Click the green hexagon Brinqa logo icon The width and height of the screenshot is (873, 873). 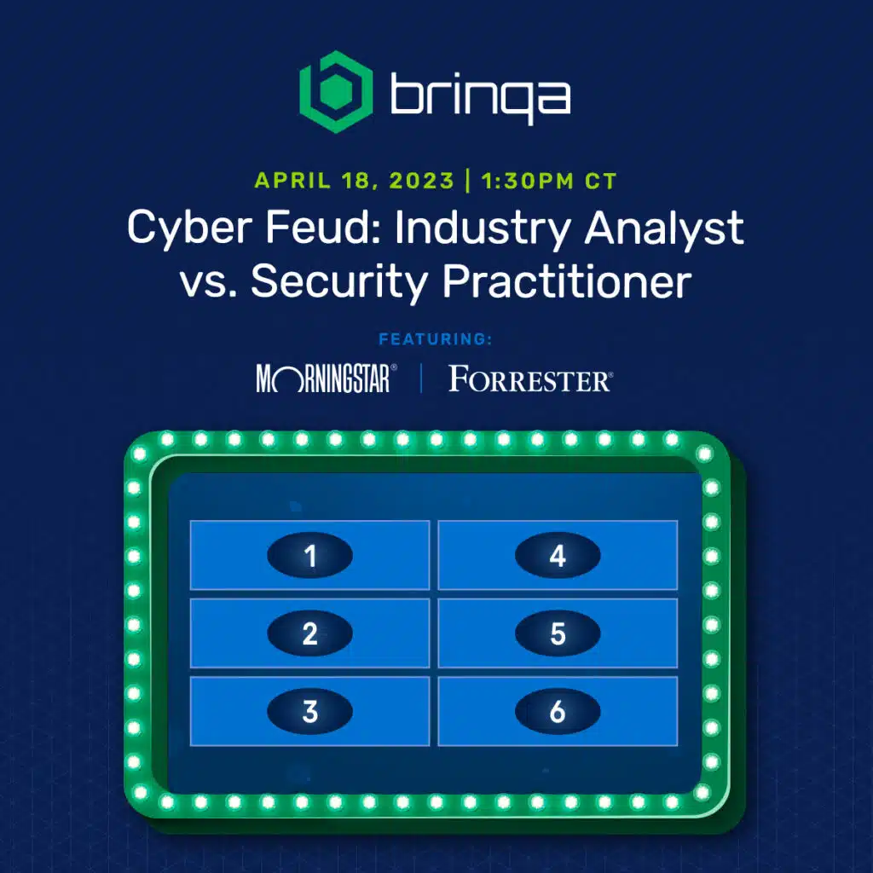336,92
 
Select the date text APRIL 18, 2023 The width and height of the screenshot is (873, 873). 354,181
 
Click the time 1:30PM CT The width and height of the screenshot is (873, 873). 549,181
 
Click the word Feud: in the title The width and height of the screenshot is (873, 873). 323,227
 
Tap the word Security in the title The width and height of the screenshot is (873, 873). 339,281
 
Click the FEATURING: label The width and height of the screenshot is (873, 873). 436,339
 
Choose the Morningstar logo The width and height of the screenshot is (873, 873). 327,379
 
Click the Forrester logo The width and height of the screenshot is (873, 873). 530,379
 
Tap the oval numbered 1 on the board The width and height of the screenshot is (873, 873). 310,555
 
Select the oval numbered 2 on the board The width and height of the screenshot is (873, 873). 310,633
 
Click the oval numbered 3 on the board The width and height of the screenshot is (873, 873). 310,711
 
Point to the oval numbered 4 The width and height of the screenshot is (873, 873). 558,555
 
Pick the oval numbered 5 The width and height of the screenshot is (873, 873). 558,633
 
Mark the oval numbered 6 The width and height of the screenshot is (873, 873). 558,711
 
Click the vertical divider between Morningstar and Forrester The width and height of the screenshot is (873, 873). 421,378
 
